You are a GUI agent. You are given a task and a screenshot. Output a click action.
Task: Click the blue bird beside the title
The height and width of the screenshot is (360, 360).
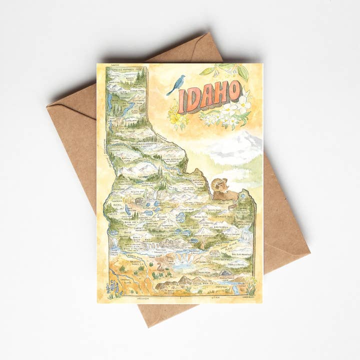click(x=176, y=84)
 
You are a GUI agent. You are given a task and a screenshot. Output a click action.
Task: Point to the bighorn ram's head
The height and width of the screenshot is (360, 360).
click(x=220, y=186)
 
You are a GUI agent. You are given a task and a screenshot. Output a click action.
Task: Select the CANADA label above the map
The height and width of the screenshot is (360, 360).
click(x=114, y=65)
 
